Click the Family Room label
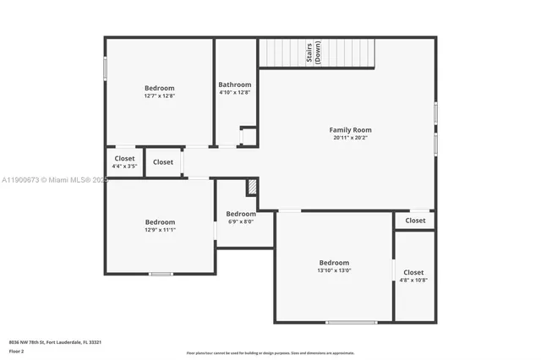pos(350,130)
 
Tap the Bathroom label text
pos(234,85)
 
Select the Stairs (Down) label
pos(313,54)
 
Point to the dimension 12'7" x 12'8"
pos(159,95)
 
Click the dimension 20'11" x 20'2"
pos(350,138)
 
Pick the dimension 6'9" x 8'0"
pos(241,221)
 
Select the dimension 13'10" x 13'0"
pos(334,270)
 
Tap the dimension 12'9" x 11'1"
pos(159,229)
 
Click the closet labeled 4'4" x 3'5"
pos(124,166)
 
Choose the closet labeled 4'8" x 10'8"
pos(413,280)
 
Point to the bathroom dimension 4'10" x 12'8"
pos(234,92)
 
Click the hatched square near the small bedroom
pos(251,187)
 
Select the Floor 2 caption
pos(17,350)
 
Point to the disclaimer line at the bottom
pos(270,353)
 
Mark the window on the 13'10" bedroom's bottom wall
pos(351,322)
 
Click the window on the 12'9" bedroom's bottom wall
pos(161,273)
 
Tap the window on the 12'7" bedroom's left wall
pos(105,68)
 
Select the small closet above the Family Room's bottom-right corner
pos(415,221)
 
